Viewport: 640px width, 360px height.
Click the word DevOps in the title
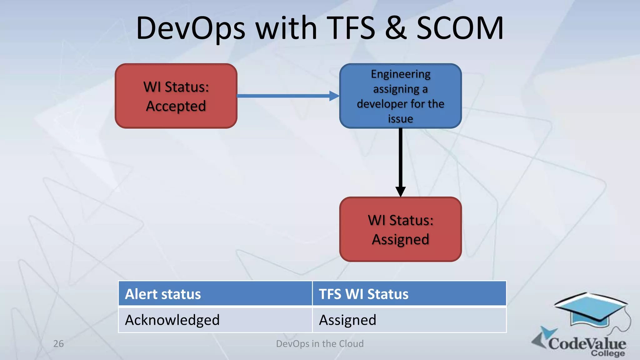191,29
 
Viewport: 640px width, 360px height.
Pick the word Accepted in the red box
176,106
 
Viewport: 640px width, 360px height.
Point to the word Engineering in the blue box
400,74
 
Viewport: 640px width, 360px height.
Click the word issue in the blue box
400,119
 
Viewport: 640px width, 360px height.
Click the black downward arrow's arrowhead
400,191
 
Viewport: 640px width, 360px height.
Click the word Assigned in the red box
400,240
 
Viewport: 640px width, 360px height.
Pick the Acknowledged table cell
215,320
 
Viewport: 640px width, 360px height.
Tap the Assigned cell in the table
409,320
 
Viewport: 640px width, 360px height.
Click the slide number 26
58,344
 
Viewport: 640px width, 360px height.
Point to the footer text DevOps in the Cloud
320,344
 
